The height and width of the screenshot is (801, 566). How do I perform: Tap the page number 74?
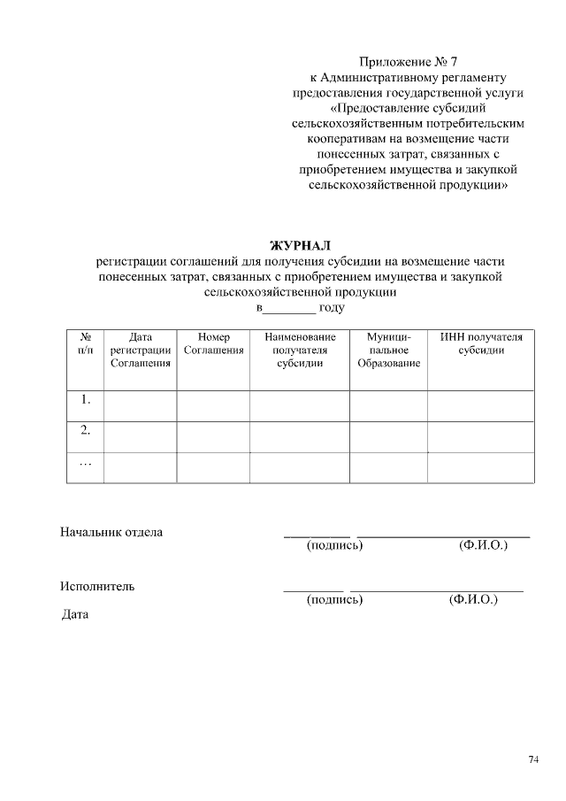tap(533, 759)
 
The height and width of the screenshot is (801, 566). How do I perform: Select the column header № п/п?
tap(86, 344)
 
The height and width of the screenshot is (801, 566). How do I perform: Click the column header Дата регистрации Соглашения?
tap(140, 350)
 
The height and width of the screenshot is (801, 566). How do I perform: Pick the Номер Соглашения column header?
tap(213, 344)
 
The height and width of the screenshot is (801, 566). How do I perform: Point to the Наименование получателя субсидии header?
tap(300, 350)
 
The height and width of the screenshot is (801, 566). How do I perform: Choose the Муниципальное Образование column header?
tap(388, 350)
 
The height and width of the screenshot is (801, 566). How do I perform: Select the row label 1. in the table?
tap(86, 399)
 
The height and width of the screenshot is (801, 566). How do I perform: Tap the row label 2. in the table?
tap(86, 431)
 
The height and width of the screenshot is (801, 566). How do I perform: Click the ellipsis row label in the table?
tap(86, 463)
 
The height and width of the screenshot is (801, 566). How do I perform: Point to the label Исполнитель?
tap(97, 586)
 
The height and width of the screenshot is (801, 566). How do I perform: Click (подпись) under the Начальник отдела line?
tap(334, 546)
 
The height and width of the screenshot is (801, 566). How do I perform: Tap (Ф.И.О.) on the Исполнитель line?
tap(473, 600)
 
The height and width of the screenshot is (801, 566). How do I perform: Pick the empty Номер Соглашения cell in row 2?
tap(213, 437)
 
